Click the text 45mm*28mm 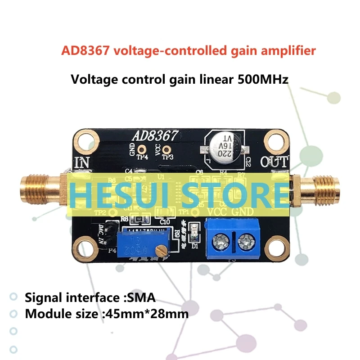click(x=146, y=314)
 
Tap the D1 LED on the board click(x=195, y=229)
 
